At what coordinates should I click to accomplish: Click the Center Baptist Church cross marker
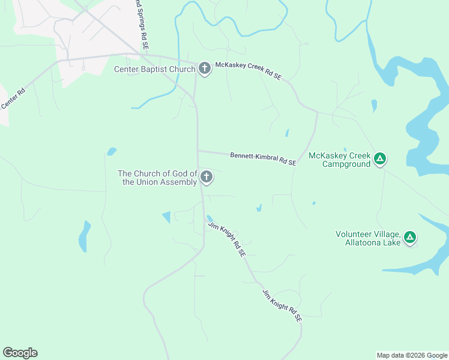pos(204,69)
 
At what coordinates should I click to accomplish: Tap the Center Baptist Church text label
pos(155,69)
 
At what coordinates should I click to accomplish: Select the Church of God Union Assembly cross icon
pos(206,177)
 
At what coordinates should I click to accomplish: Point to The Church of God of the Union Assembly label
pos(160,178)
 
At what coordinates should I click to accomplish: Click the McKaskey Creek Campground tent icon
pos(379,159)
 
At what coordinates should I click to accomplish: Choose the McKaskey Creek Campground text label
pos(340,160)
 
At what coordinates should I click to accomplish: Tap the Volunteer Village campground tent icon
pos(410,238)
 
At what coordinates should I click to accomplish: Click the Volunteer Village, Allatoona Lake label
pos(367,238)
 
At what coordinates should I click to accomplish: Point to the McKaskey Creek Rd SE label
pos(249,73)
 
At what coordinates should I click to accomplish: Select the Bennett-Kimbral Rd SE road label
pos(263,159)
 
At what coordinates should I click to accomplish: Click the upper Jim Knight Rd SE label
pos(227,239)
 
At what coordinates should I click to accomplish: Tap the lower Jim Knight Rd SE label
pos(282,306)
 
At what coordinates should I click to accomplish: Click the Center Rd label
pos(13,99)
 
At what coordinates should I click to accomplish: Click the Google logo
pos(20,353)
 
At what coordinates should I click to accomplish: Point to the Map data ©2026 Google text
pos(412,355)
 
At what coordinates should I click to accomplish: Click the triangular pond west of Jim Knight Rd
pos(167,217)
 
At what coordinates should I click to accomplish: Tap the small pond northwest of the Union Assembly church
pos(112,151)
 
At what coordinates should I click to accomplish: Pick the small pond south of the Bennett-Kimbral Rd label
pos(259,208)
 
